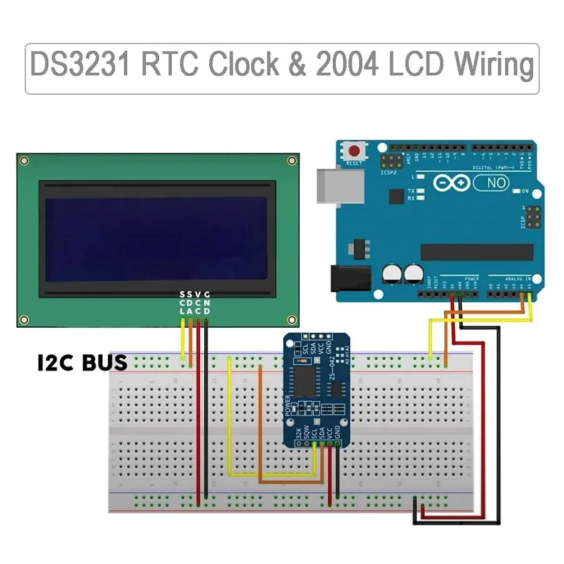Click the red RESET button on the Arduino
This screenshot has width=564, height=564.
pos(355,151)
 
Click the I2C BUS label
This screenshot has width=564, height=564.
pos(82,362)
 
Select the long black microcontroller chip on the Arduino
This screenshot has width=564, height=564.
pos(476,252)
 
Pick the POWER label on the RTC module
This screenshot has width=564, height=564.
pos(288,406)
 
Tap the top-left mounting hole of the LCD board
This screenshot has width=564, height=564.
pos(24,162)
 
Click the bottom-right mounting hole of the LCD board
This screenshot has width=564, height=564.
pos(291,319)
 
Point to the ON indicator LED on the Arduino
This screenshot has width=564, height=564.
pos(516,191)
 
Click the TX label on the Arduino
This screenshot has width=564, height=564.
pos(411,190)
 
